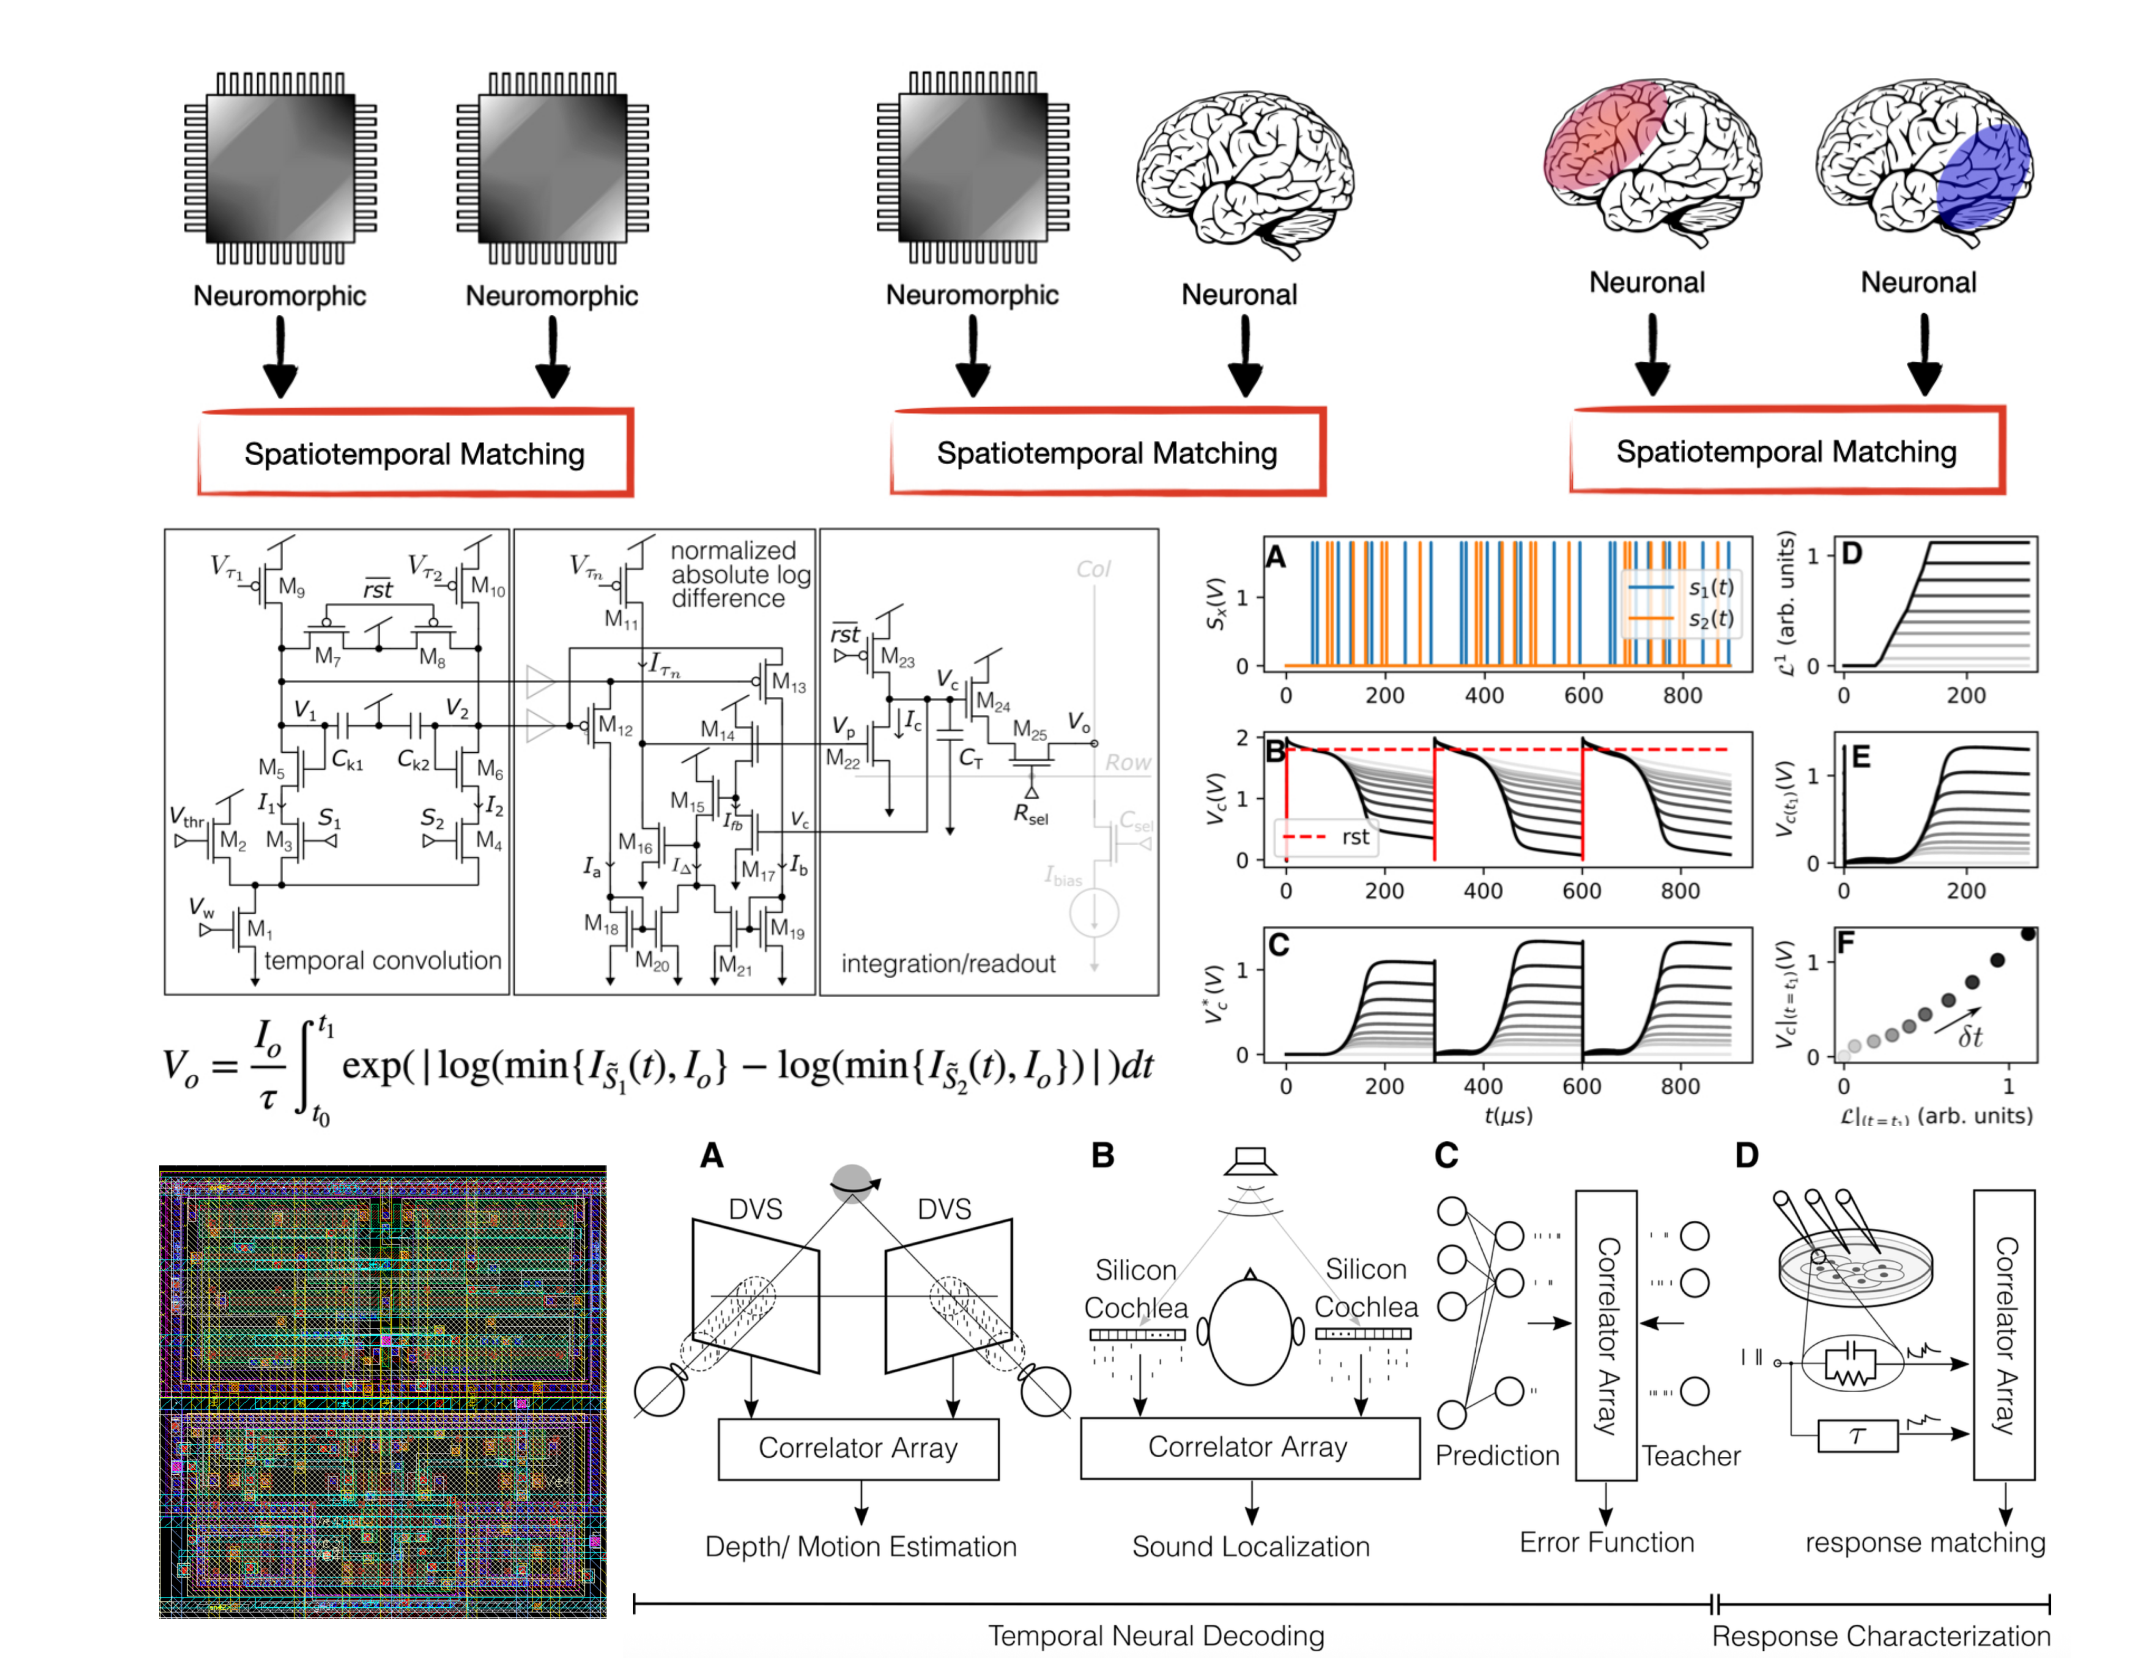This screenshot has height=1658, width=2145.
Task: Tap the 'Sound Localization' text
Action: point(1250,1546)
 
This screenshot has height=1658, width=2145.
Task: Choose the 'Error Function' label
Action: point(1607,1542)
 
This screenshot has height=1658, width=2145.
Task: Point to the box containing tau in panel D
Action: point(1857,1436)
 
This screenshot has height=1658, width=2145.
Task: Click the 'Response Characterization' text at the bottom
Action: point(1881,1636)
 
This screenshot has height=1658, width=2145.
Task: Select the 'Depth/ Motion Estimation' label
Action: point(860,1546)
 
